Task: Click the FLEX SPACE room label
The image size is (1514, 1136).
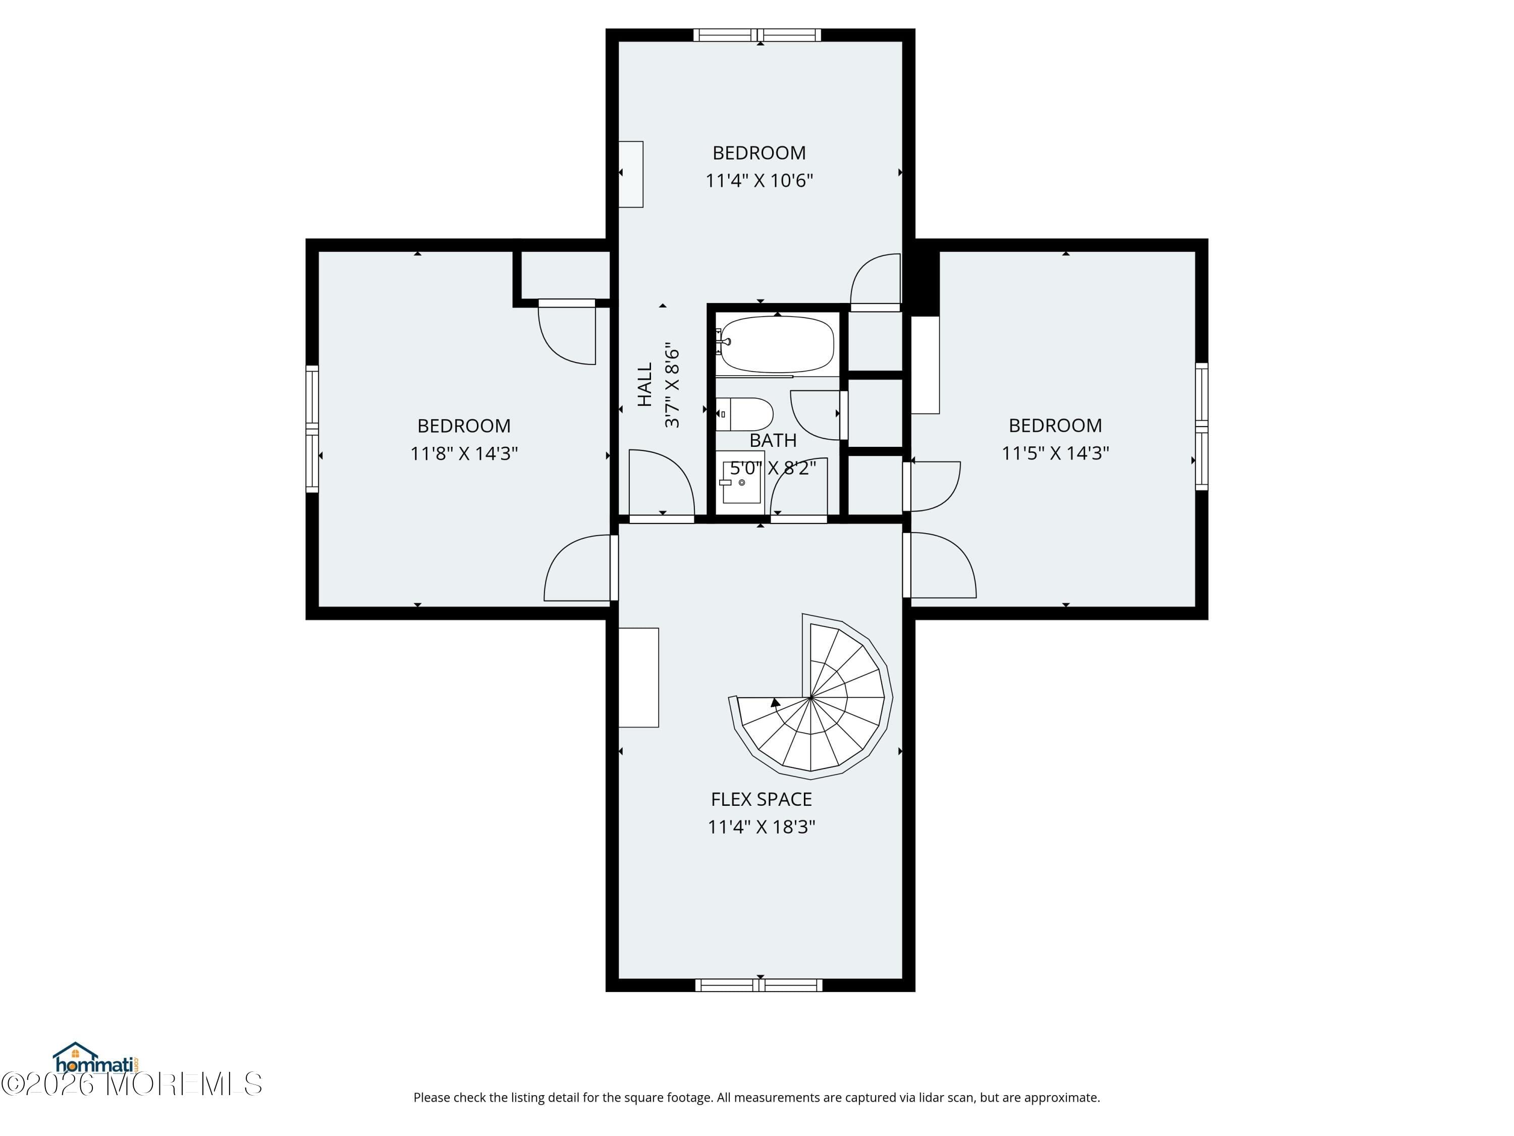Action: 761,799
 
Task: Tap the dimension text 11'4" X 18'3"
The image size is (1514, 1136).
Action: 761,827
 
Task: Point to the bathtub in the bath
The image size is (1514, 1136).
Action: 776,344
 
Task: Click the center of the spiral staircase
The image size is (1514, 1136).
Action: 811,697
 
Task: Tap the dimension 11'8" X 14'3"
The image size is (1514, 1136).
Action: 464,453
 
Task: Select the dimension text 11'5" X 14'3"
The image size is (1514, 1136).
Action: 1055,452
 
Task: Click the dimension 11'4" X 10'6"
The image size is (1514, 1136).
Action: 759,180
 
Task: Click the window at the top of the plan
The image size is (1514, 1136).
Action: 757,35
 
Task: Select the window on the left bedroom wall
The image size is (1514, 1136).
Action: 312,429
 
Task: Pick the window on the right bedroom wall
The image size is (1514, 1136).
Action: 1202,426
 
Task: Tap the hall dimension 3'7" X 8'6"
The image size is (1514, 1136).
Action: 672,385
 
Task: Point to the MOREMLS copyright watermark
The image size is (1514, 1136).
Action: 131,1084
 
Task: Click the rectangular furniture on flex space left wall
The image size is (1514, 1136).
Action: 638,677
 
